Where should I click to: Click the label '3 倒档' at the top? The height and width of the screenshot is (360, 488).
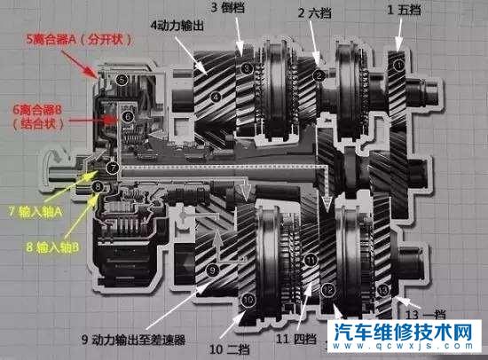click(228, 8)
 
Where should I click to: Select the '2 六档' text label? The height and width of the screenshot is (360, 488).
click(314, 13)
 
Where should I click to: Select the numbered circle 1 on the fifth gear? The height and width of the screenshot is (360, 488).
click(398, 65)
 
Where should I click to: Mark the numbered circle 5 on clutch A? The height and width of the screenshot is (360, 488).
click(123, 80)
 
